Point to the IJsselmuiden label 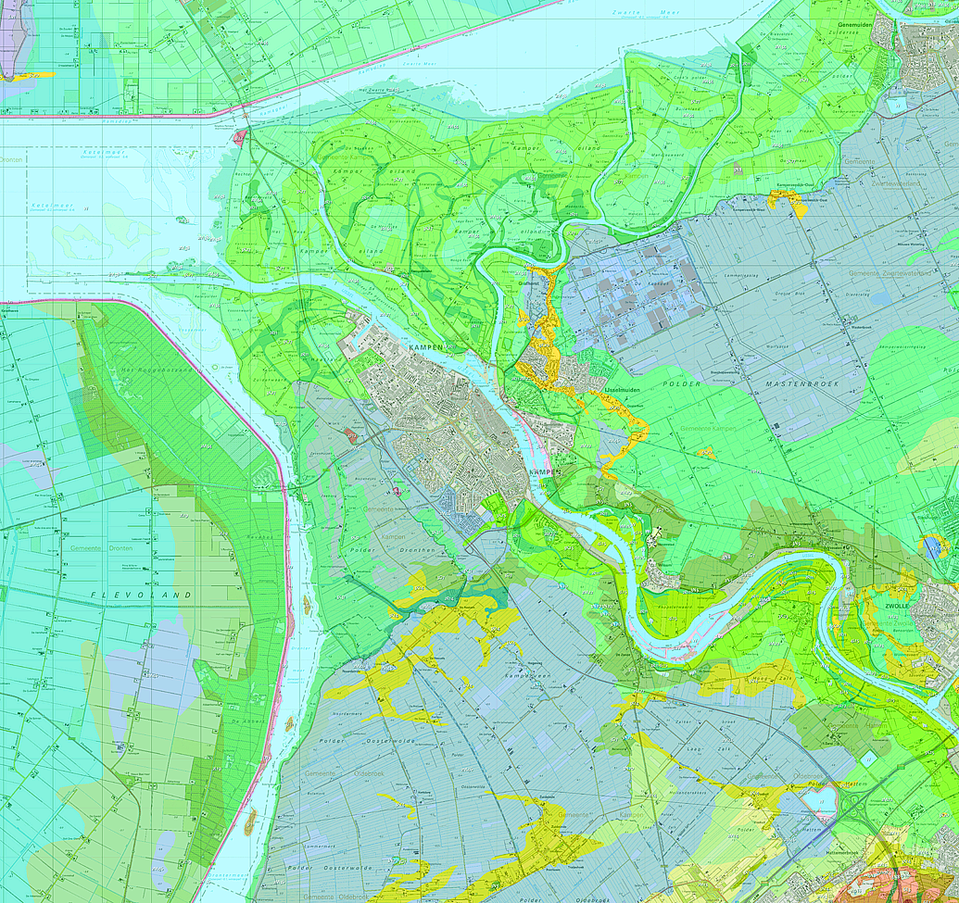pyautogui.click(x=622, y=393)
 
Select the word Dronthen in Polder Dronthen pyautogui.click(x=392, y=550)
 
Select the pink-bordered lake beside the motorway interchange pyautogui.click(x=822, y=802)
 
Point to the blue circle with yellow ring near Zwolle pyautogui.click(x=931, y=546)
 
